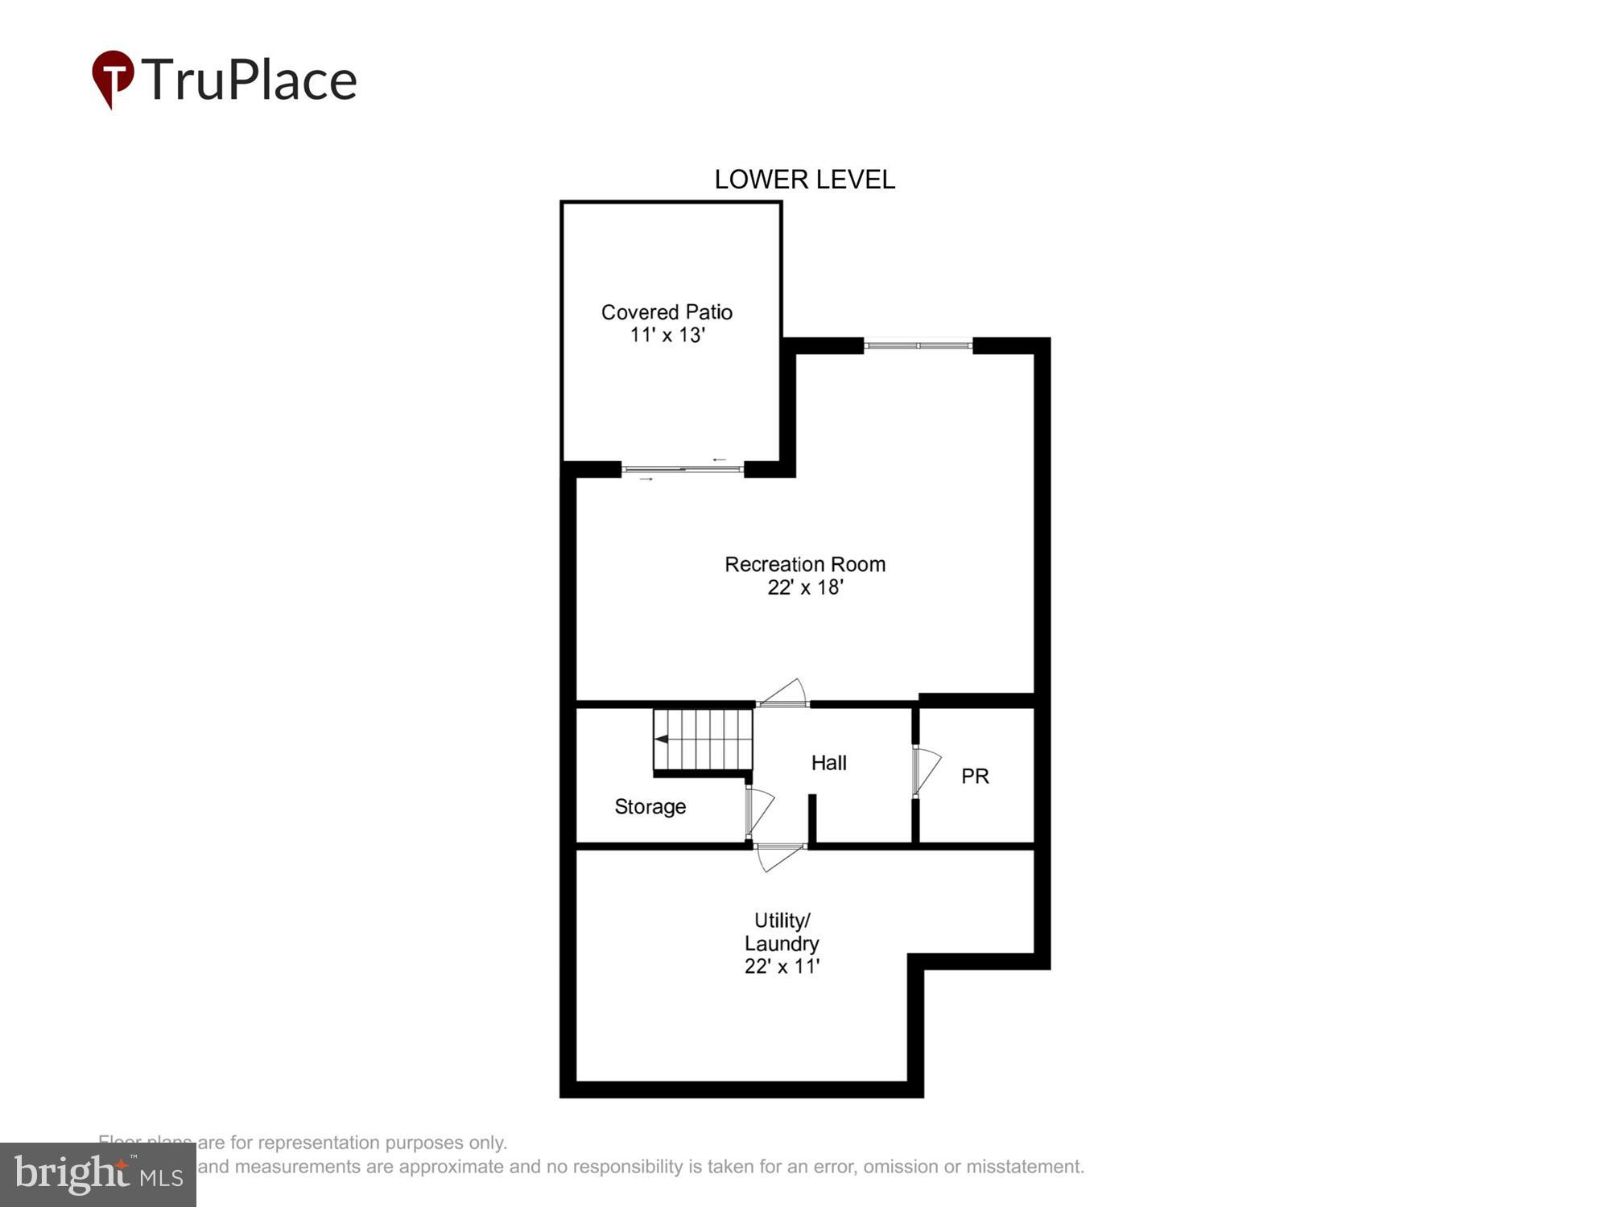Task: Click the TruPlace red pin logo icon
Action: point(113,78)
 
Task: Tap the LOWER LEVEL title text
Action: point(804,179)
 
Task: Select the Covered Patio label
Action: point(667,312)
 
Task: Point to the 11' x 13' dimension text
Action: point(667,336)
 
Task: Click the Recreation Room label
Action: point(805,564)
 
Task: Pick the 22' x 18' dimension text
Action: point(805,588)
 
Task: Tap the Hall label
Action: point(828,763)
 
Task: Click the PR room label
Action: point(975,777)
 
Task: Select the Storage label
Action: point(650,807)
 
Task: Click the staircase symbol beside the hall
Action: point(703,739)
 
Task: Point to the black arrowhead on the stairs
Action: point(661,739)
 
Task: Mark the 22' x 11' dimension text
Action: point(782,966)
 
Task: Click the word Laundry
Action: point(782,943)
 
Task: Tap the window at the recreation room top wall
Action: point(919,346)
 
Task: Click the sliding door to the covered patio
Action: point(683,469)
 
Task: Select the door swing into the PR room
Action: point(926,771)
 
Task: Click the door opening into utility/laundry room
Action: point(779,858)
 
